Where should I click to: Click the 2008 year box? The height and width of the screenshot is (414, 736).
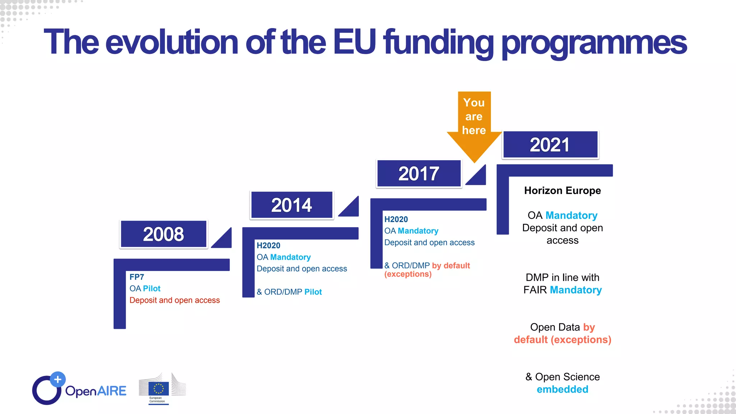(x=164, y=234)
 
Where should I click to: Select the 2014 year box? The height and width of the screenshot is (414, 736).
(x=291, y=205)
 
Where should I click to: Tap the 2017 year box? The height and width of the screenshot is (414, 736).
(x=419, y=174)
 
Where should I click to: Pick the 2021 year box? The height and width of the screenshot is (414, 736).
(x=550, y=145)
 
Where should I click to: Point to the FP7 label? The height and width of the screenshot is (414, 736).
(x=137, y=277)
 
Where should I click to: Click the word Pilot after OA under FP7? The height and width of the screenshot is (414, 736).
(x=152, y=289)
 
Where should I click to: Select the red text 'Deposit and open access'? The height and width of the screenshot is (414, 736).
(x=175, y=300)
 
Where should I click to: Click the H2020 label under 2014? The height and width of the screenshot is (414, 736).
(x=268, y=245)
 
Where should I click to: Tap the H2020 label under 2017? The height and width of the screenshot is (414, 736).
(x=396, y=219)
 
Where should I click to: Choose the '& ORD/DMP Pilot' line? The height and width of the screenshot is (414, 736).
(x=289, y=292)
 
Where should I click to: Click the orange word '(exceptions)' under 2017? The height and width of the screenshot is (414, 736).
(x=408, y=274)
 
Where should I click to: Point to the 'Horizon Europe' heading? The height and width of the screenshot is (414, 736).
(x=562, y=190)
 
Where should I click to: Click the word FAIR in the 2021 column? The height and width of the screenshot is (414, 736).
(x=535, y=290)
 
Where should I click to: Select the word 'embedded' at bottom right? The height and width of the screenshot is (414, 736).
(x=562, y=389)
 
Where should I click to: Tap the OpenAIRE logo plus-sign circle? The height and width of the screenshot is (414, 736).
(x=58, y=379)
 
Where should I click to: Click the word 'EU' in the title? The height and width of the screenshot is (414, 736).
(x=354, y=42)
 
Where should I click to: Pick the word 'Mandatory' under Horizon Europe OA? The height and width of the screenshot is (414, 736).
(x=571, y=215)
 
